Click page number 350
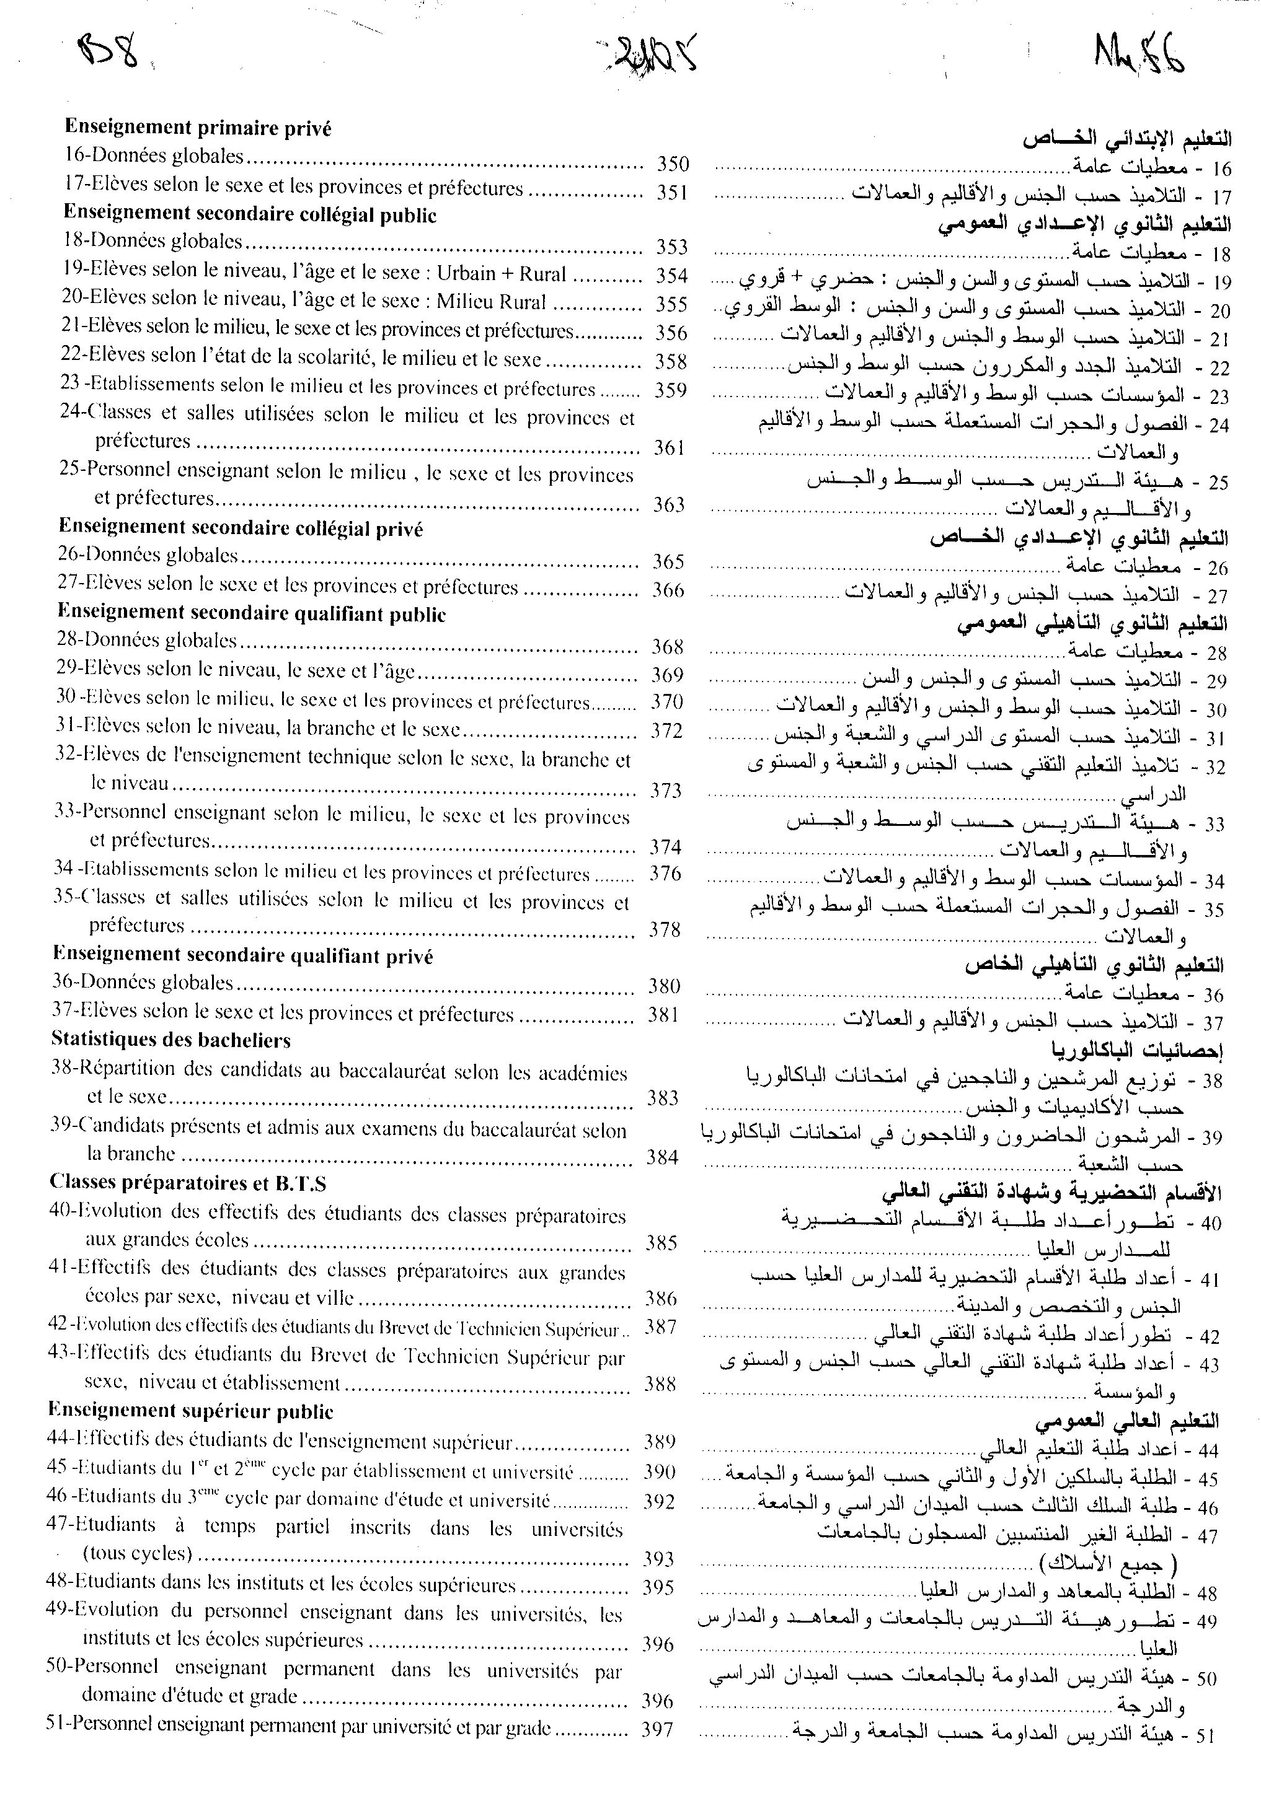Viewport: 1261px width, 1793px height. [672, 164]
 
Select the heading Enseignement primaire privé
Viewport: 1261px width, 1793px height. [198, 128]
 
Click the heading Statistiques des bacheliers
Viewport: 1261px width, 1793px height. [171, 1040]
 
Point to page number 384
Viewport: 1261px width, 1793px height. [661, 1157]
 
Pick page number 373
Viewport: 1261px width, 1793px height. [666, 791]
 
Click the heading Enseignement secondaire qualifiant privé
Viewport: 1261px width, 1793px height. [243, 956]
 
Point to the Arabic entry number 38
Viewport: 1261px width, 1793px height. [1213, 1082]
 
